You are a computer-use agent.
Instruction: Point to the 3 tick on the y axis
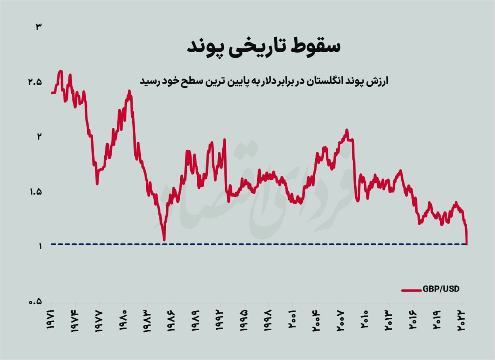point(38,27)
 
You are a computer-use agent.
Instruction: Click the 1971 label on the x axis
point(51,320)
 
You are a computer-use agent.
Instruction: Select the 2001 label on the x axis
point(293,320)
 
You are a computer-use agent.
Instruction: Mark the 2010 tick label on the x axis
point(365,320)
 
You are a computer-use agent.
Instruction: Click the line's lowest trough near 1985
point(164,240)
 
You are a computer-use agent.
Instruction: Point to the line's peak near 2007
point(347,130)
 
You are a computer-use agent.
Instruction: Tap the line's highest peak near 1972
point(60,71)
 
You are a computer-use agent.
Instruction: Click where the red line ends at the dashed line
point(467,244)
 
